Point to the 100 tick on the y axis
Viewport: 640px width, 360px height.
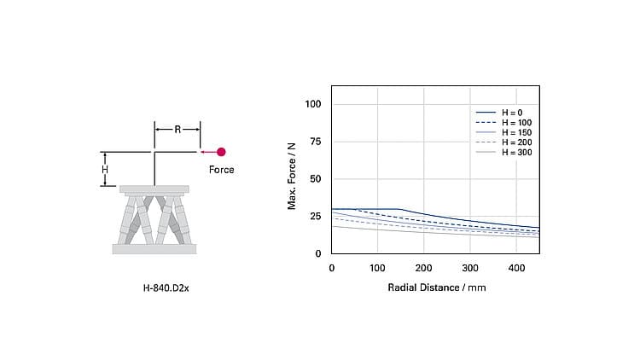click(x=313, y=104)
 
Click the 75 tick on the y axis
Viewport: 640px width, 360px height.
click(x=316, y=142)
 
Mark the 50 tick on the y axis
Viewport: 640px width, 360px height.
click(x=316, y=179)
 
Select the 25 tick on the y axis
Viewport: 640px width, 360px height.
click(x=316, y=217)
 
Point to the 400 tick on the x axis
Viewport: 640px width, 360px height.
click(x=517, y=268)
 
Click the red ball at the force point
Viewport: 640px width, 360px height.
click(x=221, y=152)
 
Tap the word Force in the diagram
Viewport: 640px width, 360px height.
click(x=221, y=170)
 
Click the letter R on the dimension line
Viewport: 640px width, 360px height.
click(x=177, y=130)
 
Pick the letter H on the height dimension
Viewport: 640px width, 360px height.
click(x=105, y=169)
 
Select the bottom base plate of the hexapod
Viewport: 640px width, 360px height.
click(x=154, y=249)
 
